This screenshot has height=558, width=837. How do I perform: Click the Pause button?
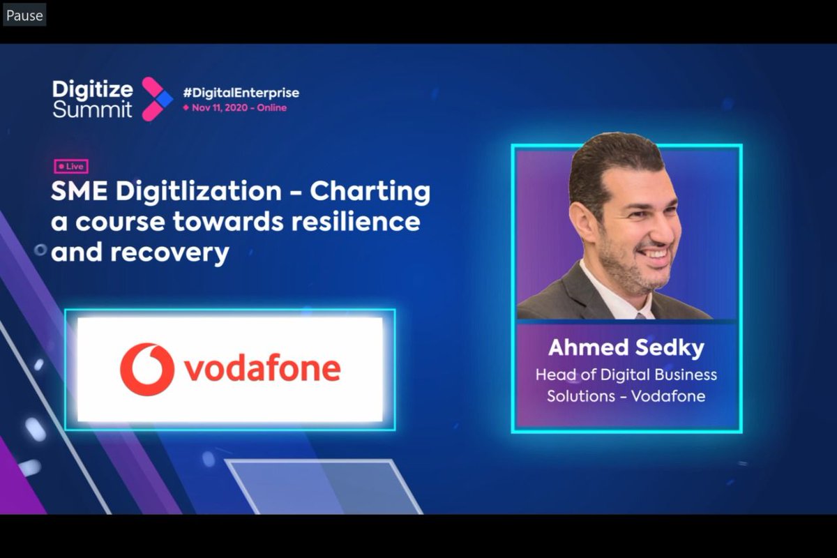pyautogui.click(x=24, y=15)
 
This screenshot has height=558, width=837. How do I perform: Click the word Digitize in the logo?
pyautogui.click(x=92, y=89)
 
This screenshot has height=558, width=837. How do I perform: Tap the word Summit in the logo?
pyautogui.click(x=92, y=110)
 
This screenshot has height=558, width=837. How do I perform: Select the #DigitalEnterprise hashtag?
pyautogui.click(x=241, y=93)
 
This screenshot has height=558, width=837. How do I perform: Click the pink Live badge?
pyautogui.click(x=71, y=167)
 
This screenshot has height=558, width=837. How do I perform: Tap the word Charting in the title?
pyautogui.click(x=370, y=192)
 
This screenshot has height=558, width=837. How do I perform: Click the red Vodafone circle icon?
pyautogui.click(x=146, y=369)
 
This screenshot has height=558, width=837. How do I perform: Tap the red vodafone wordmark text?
pyautogui.click(x=262, y=370)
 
